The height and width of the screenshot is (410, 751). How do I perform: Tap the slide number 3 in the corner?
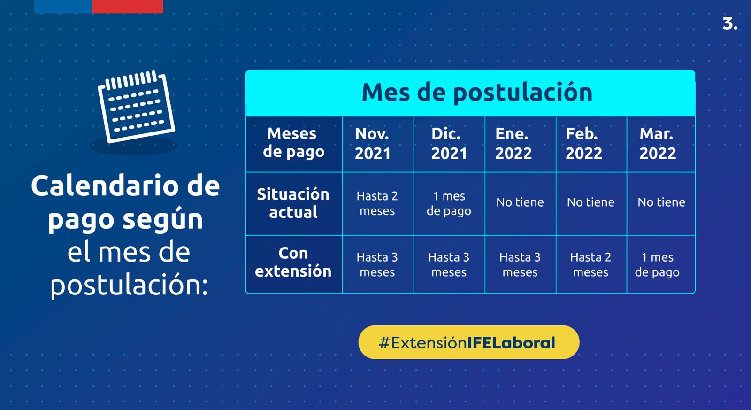[730, 24]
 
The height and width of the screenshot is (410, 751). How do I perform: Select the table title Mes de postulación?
[477, 92]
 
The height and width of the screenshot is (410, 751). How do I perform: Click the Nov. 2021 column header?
[373, 144]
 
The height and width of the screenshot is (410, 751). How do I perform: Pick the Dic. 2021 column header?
[449, 144]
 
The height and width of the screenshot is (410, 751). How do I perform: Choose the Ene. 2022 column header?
[513, 144]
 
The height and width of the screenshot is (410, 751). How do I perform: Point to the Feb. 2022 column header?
[584, 144]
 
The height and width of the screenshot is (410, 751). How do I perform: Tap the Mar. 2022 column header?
[658, 144]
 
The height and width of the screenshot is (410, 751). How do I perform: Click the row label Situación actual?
[293, 203]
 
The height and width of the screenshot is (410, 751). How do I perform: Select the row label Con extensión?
[293, 262]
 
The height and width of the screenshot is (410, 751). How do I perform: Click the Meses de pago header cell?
[293, 143]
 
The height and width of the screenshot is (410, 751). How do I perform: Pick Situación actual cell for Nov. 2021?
[377, 203]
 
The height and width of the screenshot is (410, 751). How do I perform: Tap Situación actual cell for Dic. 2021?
[449, 203]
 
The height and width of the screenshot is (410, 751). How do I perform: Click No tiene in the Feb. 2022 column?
[591, 202]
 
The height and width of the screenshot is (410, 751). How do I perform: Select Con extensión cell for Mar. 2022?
[657, 265]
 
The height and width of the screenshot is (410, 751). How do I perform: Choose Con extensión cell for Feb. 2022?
[591, 265]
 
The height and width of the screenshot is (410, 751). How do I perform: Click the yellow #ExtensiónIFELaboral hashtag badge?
[469, 342]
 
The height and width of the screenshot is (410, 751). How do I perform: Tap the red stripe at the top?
[128, 7]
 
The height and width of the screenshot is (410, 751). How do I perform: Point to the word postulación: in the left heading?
[130, 285]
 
